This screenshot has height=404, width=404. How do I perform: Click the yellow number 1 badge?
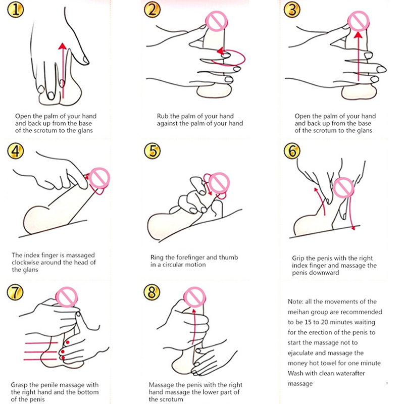(16, 10)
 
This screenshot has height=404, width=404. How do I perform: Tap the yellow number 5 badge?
(153, 150)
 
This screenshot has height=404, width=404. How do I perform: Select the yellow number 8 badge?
(152, 292)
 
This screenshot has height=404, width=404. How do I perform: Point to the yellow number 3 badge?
(292, 10)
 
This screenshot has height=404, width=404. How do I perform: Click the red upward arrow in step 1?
(63, 71)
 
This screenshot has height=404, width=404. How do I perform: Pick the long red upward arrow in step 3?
(358, 56)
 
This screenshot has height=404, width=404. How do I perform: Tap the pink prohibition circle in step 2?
(217, 21)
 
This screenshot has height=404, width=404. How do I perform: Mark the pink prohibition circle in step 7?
(67, 297)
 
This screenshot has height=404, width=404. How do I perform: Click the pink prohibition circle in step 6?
(343, 188)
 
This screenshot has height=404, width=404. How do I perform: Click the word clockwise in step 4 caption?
(28, 262)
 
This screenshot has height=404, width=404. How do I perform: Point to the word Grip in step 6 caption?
(298, 258)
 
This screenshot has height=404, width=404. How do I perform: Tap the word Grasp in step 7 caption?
(19, 385)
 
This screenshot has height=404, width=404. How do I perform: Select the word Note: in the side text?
(295, 301)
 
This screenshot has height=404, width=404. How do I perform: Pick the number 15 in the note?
(308, 322)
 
